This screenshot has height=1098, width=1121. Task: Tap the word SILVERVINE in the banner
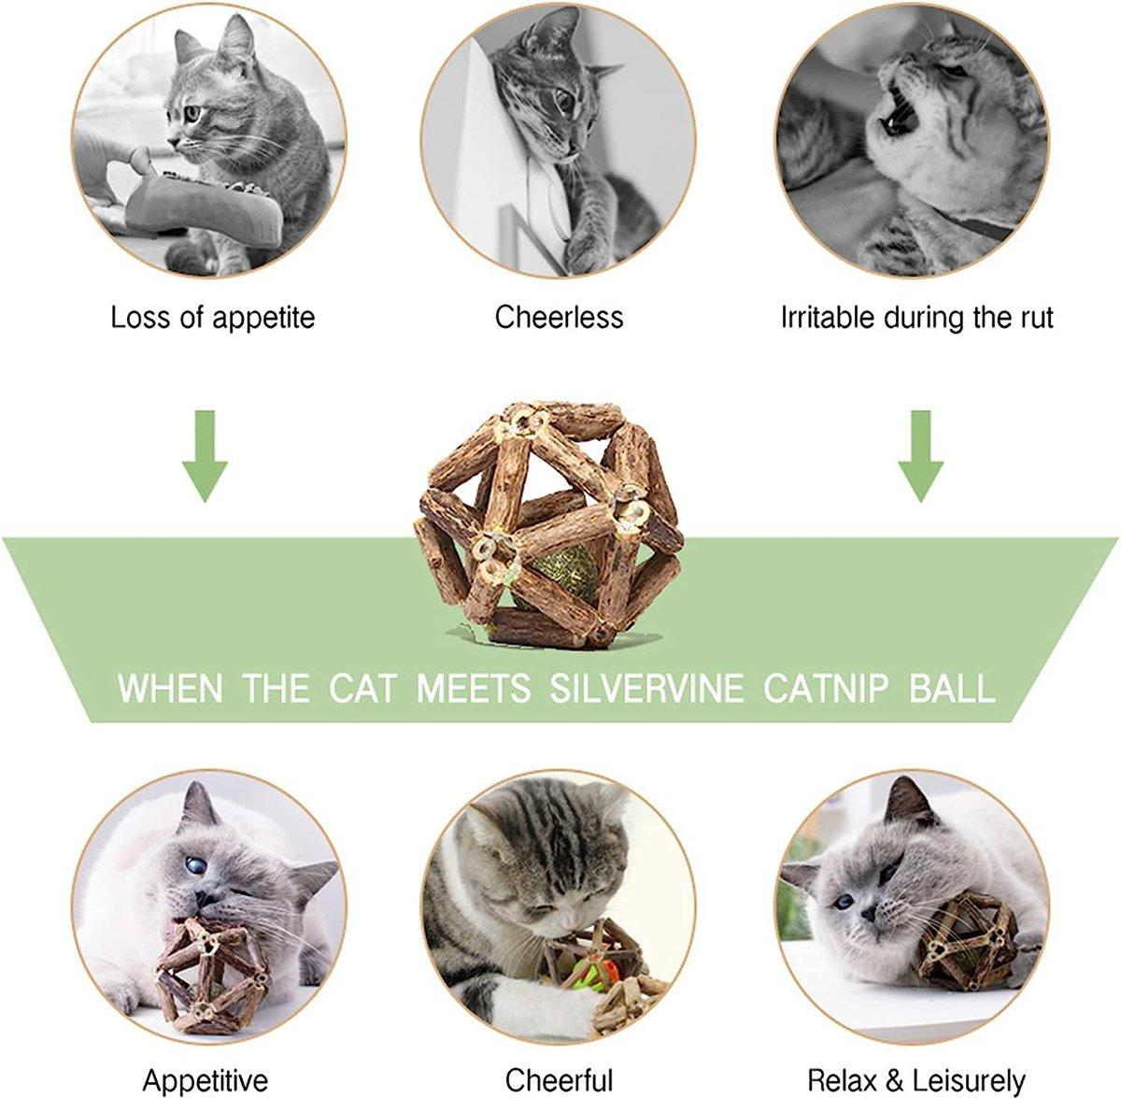[x=646, y=689]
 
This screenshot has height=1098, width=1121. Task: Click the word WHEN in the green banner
[x=171, y=689]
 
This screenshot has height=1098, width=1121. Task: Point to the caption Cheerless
[x=559, y=318]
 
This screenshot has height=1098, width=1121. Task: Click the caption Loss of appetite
[x=213, y=318]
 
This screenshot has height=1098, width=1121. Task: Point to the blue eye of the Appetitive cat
[x=193, y=868]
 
